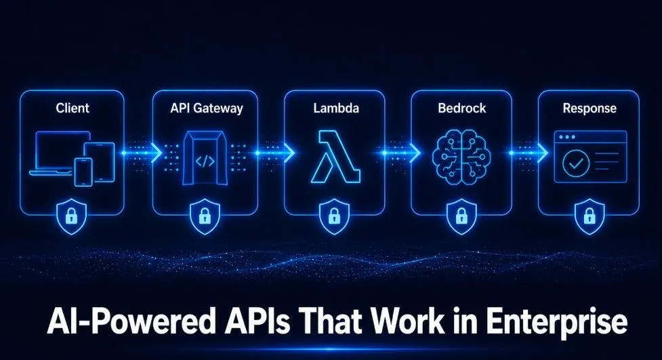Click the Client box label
(73, 108)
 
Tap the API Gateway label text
(207, 108)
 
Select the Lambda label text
(336, 108)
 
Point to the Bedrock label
(462, 108)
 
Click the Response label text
(589, 108)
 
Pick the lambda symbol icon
(335, 157)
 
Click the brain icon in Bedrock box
(461, 157)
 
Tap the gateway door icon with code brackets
(205, 158)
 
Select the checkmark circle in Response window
(576, 163)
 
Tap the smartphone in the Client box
(83, 172)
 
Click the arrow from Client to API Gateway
(142, 153)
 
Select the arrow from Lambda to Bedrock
(401, 153)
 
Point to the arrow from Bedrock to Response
(529, 153)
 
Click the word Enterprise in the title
(556, 323)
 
